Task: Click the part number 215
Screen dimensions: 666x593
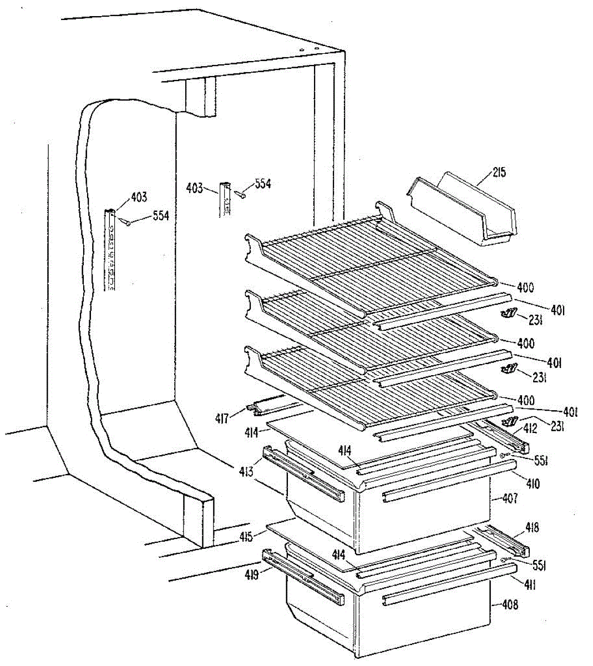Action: tap(498, 173)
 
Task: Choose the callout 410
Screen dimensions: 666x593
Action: tap(533, 484)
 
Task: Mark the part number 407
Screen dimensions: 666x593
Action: tap(509, 498)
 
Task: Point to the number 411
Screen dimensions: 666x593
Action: tap(531, 584)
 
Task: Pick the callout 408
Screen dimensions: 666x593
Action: tap(509, 604)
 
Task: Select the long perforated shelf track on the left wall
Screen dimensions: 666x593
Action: tap(111, 250)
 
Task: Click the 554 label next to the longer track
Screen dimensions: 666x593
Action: tap(160, 216)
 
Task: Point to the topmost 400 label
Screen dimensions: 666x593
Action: tap(525, 287)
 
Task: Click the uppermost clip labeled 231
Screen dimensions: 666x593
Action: tap(507, 315)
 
